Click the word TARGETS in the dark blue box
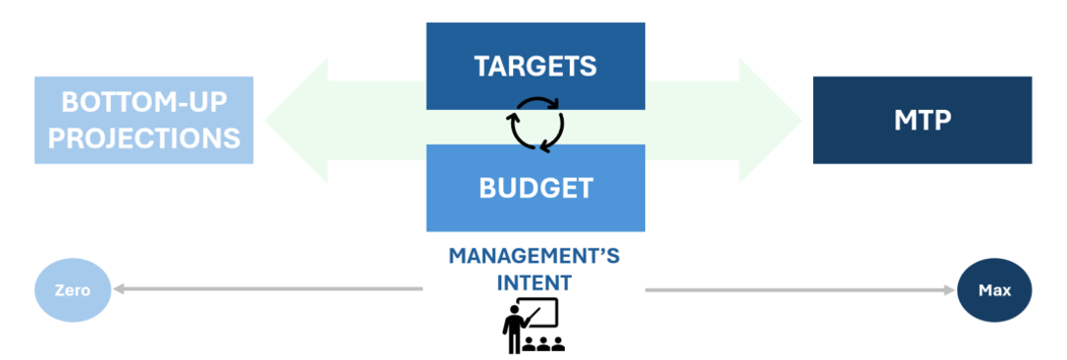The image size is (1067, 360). tap(534, 66)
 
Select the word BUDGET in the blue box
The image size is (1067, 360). tap(535, 187)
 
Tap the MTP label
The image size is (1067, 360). tap(922, 120)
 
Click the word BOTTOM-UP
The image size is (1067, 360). tap(143, 102)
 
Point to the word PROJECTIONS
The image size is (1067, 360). tap(143, 137)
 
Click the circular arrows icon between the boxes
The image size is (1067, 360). tap(536, 124)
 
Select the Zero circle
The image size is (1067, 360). tap(73, 290)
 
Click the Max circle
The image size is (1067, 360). tap(994, 290)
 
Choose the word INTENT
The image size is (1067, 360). tap(534, 282)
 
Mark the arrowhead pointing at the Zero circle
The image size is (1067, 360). tap(118, 290)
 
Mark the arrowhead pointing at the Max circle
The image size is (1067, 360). tap(950, 290)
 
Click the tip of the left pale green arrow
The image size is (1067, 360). tap(265, 121)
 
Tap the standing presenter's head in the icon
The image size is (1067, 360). tap(512, 308)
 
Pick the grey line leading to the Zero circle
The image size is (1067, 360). tap(268, 290)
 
